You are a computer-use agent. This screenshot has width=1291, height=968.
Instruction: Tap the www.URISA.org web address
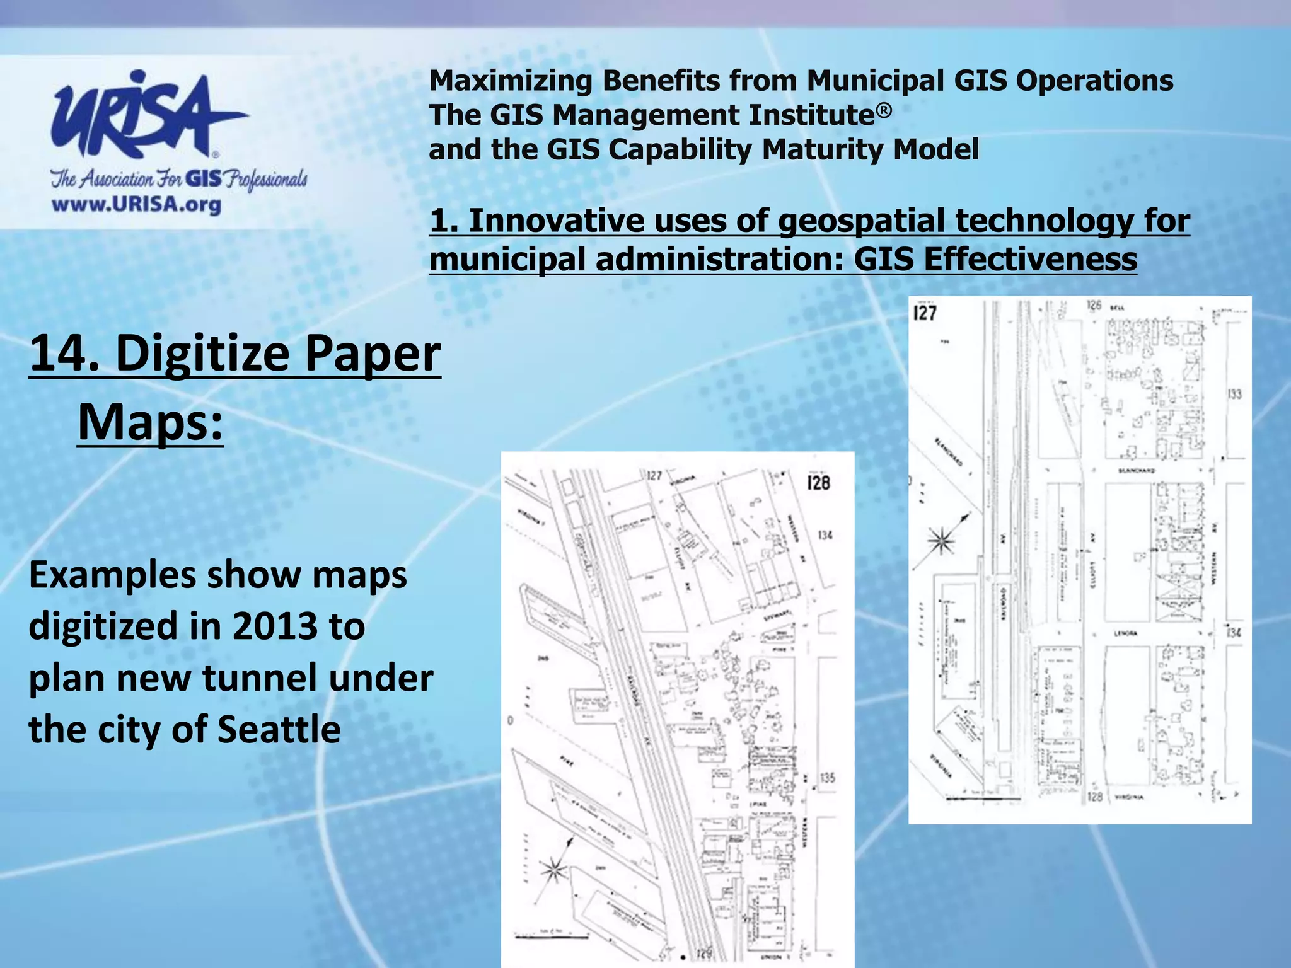click(x=136, y=205)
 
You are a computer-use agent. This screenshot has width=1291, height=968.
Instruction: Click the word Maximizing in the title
click(x=510, y=81)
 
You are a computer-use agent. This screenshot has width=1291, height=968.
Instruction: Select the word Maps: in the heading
click(x=150, y=422)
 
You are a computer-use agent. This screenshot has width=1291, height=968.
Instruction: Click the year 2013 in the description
click(x=274, y=626)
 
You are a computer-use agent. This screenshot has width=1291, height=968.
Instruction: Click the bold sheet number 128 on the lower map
click(x=818, y=483)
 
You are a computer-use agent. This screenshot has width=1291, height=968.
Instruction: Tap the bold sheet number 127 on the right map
click(x=925, y=313)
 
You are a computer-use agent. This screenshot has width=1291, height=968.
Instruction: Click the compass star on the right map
click(x=941, y=541)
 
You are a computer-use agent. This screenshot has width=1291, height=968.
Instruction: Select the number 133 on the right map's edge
click(x=1234, y=395)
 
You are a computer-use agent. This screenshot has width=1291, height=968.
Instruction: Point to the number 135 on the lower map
click(x=828, y=778)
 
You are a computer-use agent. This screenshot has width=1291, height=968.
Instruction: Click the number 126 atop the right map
click(x=1094, y=306)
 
